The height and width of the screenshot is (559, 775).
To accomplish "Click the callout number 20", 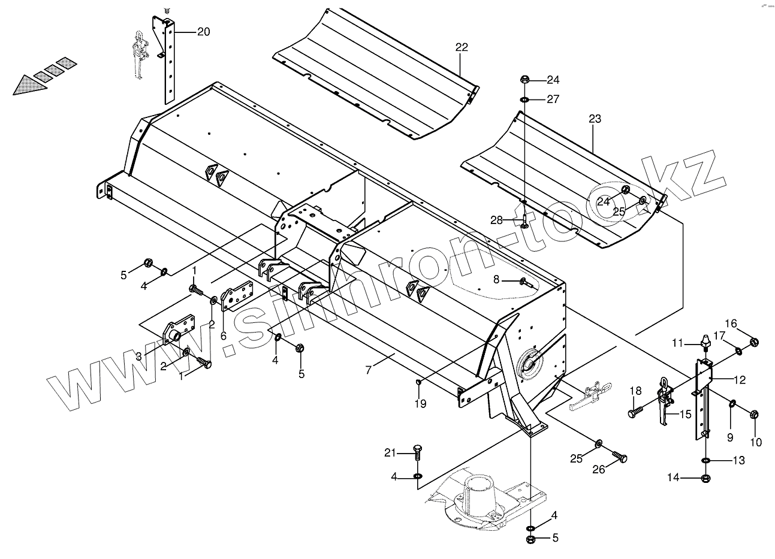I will [x=203, y=32].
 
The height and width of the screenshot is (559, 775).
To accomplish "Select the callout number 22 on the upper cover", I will [x=462, y=47].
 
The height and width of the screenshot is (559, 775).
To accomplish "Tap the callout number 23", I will [x=595, y=119].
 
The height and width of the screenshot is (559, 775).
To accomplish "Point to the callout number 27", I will [x=553, y=99].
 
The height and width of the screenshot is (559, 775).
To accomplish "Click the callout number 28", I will [x=496, y=220].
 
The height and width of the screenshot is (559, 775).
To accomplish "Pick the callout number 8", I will [x=496, y=279].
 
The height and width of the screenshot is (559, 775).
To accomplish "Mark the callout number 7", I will [x=368, y=370].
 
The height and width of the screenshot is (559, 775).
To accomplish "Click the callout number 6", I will [x=223, y=336].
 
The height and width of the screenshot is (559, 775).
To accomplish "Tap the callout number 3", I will [x=138, y=356].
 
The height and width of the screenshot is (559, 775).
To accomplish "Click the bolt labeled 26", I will [x=619, y=458].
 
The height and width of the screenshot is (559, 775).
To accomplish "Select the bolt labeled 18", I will [x=636, y=412].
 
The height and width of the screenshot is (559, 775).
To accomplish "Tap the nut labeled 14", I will [x=706, y=478].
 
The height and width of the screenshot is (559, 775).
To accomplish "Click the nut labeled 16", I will [x=754, y=343].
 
